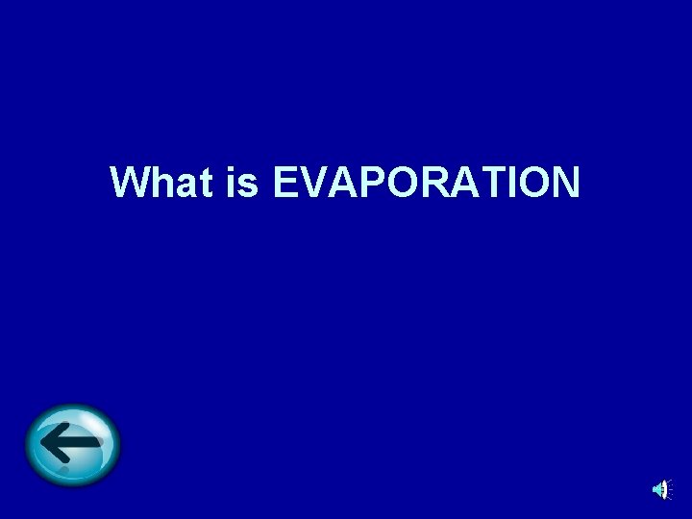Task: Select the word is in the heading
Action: coord(244,183)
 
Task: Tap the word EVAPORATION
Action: coord(427,183)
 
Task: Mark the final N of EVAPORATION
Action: coord(566,183)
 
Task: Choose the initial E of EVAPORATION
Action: coord(285,183)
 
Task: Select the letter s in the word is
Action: coord(251,185)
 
